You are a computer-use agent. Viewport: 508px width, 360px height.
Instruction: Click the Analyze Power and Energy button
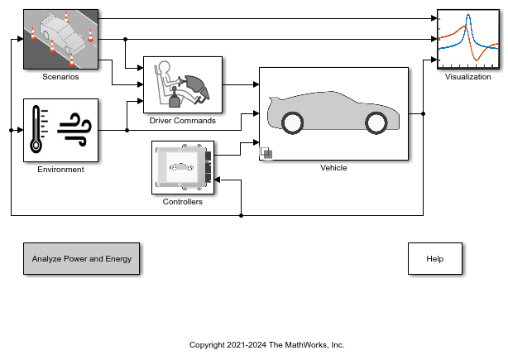[x=82, y=259]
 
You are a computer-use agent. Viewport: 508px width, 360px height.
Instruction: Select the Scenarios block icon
[x=60, y=40]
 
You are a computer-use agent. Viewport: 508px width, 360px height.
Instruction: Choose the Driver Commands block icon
[x=183, y=85]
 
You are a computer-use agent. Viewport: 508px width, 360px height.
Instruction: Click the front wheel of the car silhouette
[x=376, y=123]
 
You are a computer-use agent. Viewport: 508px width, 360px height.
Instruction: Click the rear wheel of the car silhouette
[x=293, y=123]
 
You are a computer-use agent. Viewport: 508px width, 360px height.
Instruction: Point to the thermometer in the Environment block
[x=36, y=131]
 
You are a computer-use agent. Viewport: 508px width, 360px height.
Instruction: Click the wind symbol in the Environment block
[x=75, y=129]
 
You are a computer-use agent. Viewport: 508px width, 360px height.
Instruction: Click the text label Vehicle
[x=333, y=168]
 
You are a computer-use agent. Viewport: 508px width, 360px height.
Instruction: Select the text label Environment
[x=60, y=170]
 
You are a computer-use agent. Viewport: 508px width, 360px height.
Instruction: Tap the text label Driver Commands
[x=183, y=121]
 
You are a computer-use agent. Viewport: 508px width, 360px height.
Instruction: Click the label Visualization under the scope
[x=467, y=77]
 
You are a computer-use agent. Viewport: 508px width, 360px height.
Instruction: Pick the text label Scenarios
[x=60, y=77]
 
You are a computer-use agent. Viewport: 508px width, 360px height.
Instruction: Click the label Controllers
[x=182, y=201]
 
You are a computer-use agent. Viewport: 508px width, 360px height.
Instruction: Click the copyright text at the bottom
[x=266, y=345]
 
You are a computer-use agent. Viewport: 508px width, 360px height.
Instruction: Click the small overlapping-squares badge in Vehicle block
[x=266, y=152]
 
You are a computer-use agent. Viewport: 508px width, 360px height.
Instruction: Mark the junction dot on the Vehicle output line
[x=423, y=114]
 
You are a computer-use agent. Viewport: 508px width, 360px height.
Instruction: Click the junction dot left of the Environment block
[x=11, y=130]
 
